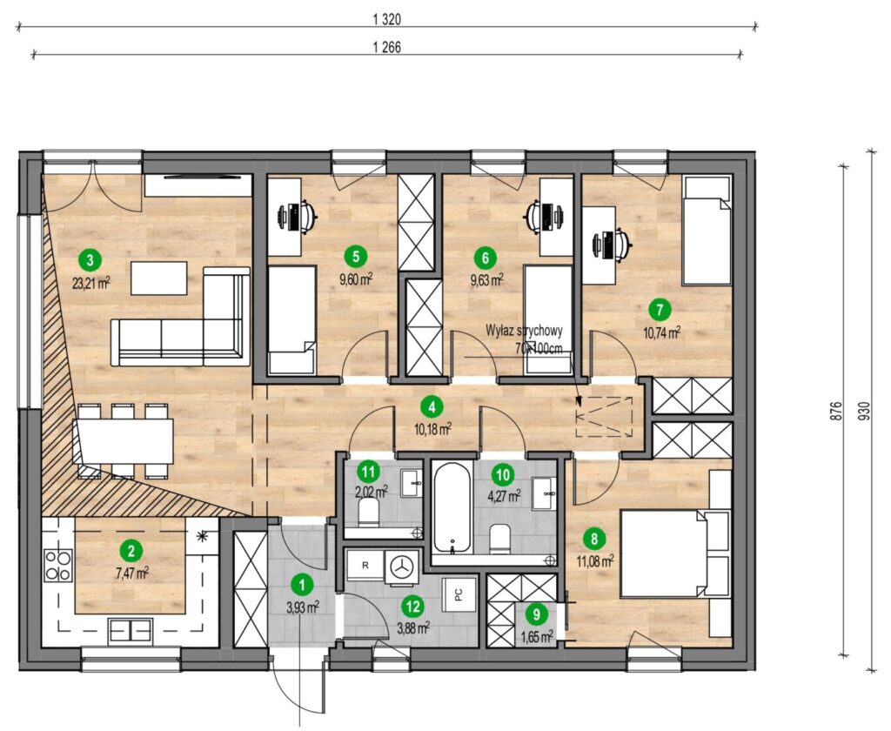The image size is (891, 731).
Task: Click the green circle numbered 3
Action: pyautogui.click(x=90, y=260)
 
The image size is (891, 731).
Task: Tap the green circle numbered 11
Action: pyautogui.click(x=369, y=472)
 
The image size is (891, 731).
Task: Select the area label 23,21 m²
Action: pyautogui.click(x=90, y=283)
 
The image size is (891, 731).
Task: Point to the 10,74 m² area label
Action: pyautogui.click(x=662, y=332)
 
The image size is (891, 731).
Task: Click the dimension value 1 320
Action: pyautogui.click(x=387, y=20)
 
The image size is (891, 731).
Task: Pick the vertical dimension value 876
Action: pyautogui.click(x=834, y=411)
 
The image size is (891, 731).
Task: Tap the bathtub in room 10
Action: pyautogui.click(x=452, y=506)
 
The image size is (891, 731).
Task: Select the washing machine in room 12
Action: pyautogui.click(x=403, y=566)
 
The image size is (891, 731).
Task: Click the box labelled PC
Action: pyautogui.click(x=459, y=594)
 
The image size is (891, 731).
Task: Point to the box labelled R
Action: pyautogui.click(x=365, y=566)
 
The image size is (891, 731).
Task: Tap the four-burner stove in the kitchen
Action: pyautogui.click(x=58, y=565)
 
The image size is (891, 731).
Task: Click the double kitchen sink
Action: pyautogui.click(x=131, y=630)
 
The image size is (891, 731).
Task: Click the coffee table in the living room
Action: pyautogui.click(x=159, y=278)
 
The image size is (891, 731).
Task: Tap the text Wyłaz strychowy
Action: pyautogui.click(x=524, y=331)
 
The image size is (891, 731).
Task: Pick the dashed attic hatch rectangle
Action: pyautogui.click(x=604, y=417)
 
